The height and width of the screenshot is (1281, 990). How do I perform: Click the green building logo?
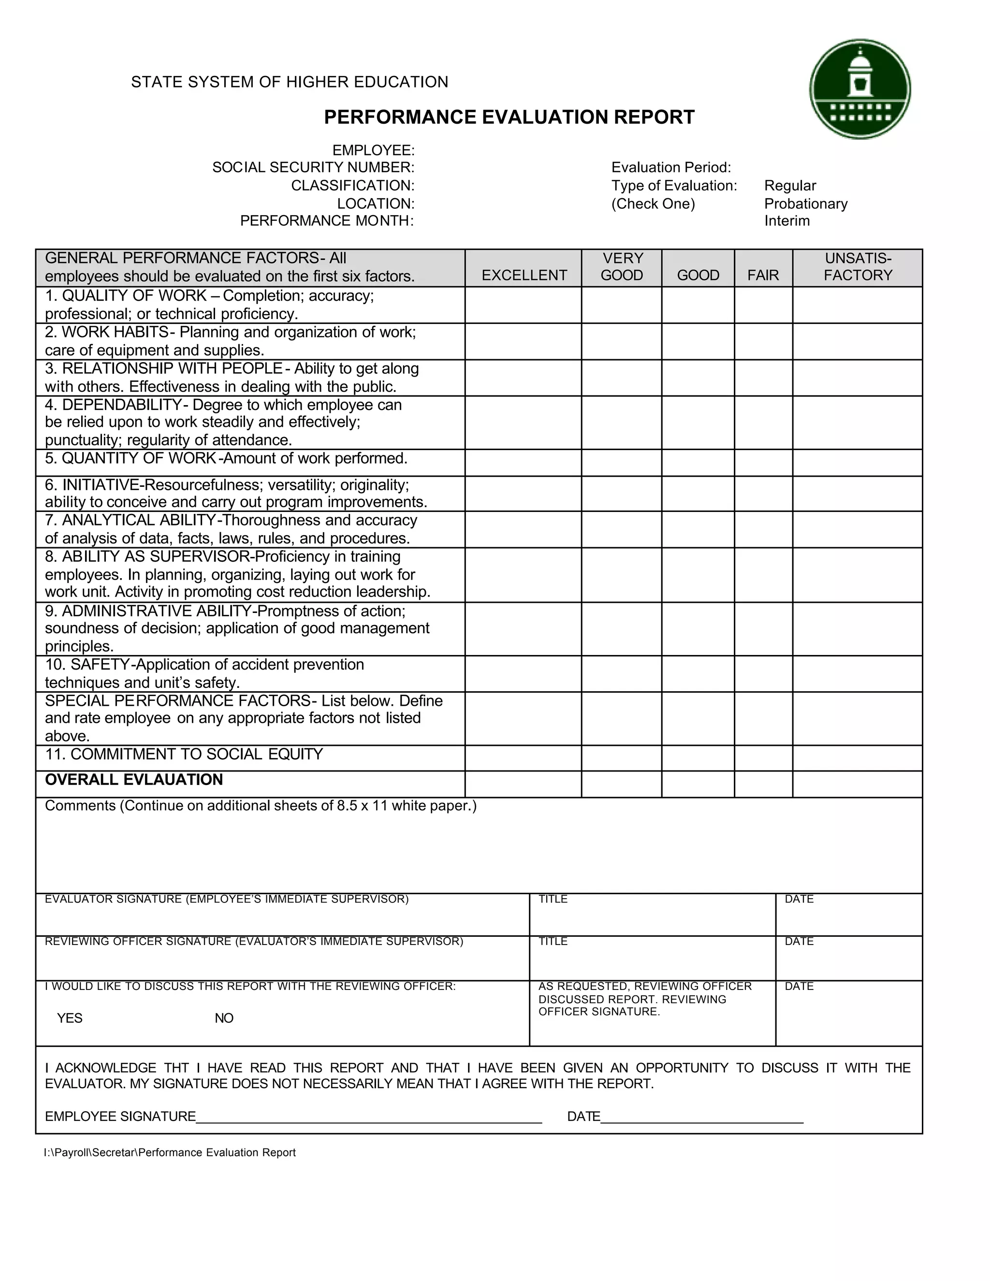pos(860,89)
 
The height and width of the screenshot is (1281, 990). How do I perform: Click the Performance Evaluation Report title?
pos(509,117)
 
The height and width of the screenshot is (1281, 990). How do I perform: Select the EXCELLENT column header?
pos(524,275)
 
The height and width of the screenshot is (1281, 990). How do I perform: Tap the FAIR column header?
pos(762,275)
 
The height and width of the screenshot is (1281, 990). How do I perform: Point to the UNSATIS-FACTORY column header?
pos(858,267)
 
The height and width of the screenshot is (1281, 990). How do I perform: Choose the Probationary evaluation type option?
pos(805,204)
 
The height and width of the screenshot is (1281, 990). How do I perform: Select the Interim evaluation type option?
pos(786,221)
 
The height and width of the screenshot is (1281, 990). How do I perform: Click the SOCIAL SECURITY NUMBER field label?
pos(313,168)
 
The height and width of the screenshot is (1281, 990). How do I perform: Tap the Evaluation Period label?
pos(671,168)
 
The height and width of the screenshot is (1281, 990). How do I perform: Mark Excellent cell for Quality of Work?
pos(523,305)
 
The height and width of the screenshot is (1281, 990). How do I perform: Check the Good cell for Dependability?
pos(698,422)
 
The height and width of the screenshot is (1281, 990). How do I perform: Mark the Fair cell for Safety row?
pos(762,673)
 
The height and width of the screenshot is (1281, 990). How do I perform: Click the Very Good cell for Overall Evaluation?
pos(621,784)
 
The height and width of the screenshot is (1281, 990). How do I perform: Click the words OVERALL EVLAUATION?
pos(134,780)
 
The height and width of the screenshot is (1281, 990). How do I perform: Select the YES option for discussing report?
pos(69,1018)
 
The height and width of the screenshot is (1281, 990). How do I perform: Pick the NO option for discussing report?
pos(223,1018)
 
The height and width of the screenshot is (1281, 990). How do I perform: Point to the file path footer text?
pos(170,1152)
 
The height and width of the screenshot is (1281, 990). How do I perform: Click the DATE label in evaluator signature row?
pos(799,899)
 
